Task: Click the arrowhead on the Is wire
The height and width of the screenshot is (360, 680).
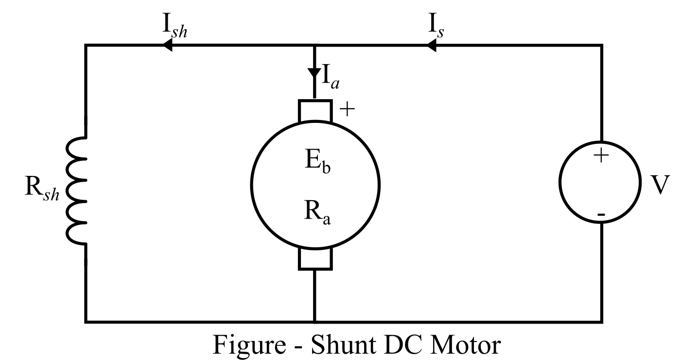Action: click(x=431, y=46)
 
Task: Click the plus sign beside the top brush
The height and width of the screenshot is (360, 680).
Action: click(x=347, y=109)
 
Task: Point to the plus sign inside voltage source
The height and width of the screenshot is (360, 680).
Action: click(x=601, y=156)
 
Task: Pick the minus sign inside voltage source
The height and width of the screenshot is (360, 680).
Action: click(x=601, y=214)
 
